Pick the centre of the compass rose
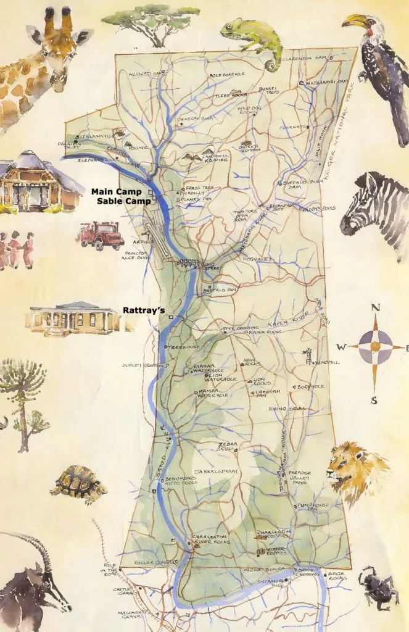click(x=374, y=347)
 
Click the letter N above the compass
click(x=375, y=309)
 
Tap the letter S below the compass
click(x=374, y=401)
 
